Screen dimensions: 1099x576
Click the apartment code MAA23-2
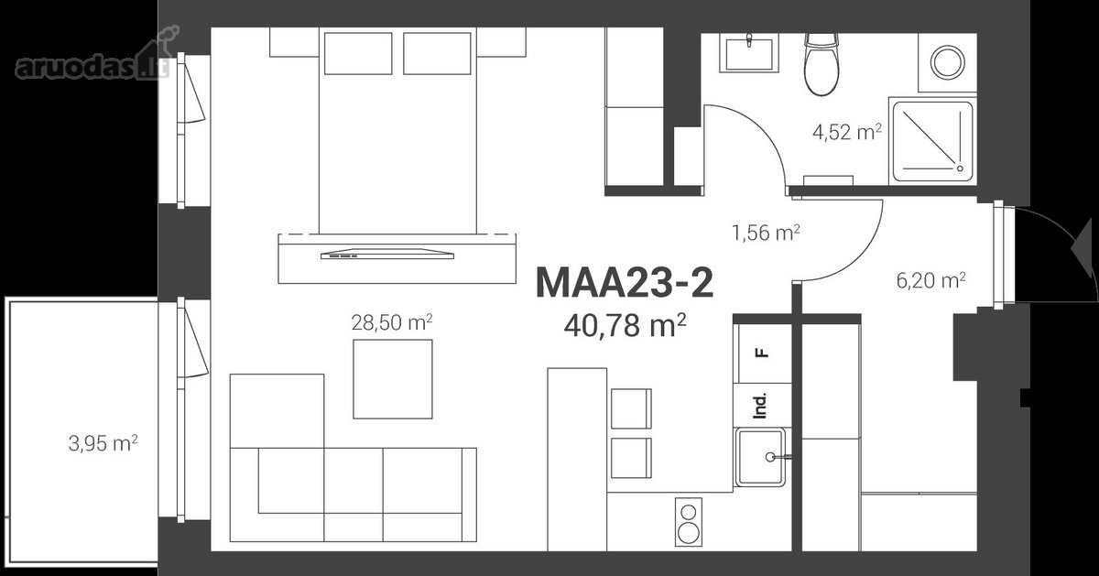click(625, 283)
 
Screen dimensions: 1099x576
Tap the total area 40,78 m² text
click(625, 325)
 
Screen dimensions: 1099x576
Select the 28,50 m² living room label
click(392, 322)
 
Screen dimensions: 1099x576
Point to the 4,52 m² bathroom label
click(847, 133)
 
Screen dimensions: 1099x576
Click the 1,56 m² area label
click(766, 233)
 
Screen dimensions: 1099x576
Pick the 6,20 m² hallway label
click(930, 280)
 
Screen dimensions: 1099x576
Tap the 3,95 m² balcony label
click(103, 443)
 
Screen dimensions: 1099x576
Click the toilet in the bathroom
click(822, 64)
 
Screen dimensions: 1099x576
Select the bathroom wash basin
click(749, 53)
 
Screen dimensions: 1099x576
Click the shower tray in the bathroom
click(932, 141)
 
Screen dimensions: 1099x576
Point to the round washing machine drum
click(948, 62)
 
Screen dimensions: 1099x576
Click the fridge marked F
click(762, 353)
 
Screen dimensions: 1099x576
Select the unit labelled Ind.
click(762, 406)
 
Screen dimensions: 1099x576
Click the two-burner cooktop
click(689, 522)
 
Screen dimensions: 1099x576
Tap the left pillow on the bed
click(358, 53)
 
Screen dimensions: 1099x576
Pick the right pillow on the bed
click(437, 53)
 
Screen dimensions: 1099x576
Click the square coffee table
click(393, 379)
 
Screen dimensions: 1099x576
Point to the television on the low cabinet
click(387, 255)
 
